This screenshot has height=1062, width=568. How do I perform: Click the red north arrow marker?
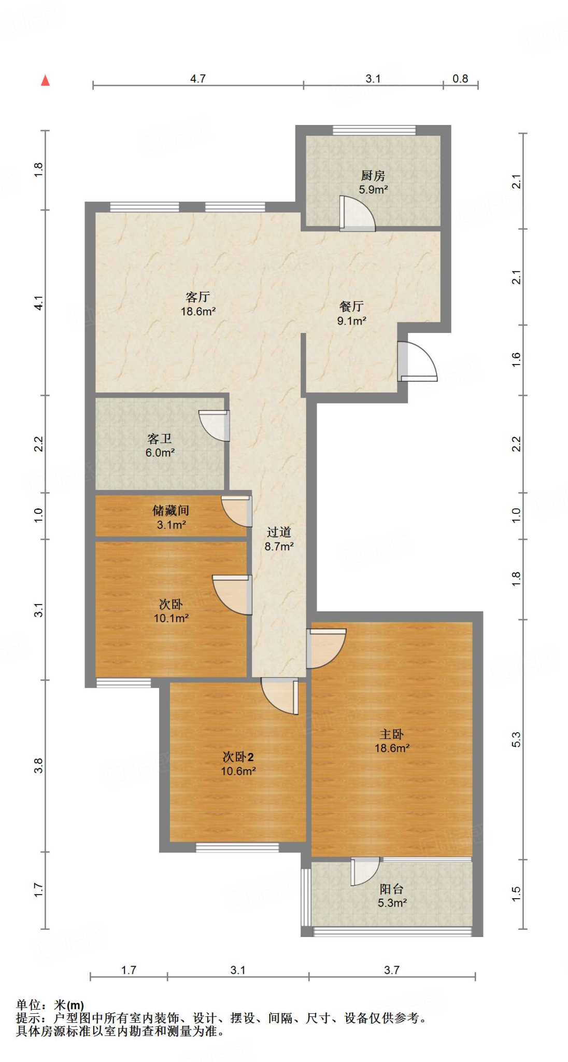46,80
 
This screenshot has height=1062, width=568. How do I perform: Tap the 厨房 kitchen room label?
373,176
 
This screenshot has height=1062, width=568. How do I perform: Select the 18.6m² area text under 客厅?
198,311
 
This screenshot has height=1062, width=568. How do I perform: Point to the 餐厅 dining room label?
351,306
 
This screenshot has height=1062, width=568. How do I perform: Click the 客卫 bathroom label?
160,439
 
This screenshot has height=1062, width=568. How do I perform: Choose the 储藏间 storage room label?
171,510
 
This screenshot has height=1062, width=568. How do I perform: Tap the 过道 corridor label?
279,532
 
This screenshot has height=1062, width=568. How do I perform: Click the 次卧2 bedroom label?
238,757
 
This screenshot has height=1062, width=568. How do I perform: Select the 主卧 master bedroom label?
392,734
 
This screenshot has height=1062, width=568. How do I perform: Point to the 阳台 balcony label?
392,889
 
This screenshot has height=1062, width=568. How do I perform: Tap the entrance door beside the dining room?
418,362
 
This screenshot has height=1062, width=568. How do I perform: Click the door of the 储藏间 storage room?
237,512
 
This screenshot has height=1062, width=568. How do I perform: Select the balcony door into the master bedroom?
365,872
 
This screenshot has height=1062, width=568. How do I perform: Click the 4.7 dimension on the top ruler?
198,78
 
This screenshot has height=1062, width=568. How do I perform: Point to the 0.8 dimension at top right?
460,78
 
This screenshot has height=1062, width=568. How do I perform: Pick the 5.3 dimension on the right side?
516,739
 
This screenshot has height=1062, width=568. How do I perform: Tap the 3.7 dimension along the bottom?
392,970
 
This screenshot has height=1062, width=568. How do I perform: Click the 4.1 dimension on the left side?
38,303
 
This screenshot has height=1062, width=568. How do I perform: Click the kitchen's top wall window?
374,130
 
